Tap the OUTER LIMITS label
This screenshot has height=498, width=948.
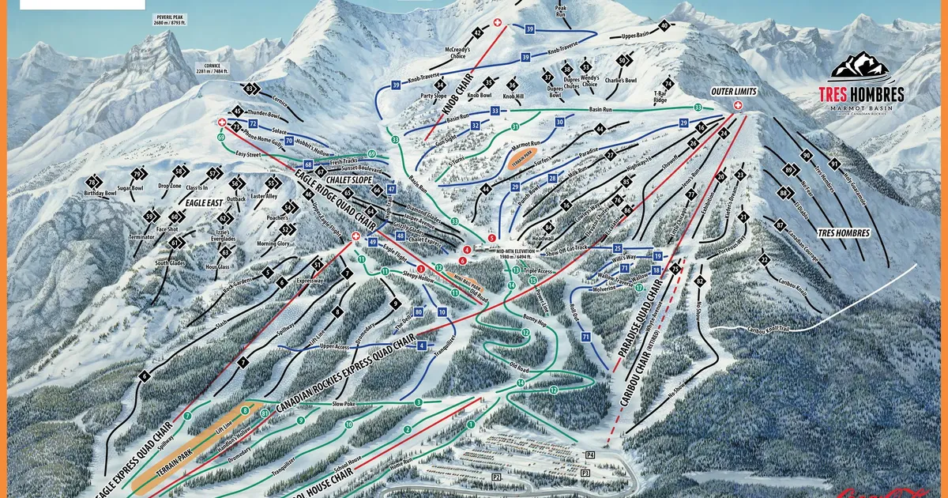pos(734,91)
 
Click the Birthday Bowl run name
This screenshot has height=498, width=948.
pos(100,193)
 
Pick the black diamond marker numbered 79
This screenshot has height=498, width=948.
pos(139,174)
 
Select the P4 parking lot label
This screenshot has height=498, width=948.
pos(589,455)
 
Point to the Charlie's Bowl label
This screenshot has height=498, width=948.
pos(620,80)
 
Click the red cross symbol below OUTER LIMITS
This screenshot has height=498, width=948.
pos(739,104)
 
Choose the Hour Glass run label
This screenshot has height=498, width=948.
pos(216,267)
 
